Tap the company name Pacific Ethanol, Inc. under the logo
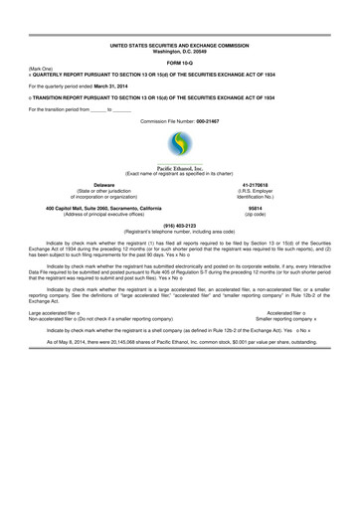click(180, 169)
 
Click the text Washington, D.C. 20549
click(180, 51)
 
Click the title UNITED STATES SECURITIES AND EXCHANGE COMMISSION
click(180, 45)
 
